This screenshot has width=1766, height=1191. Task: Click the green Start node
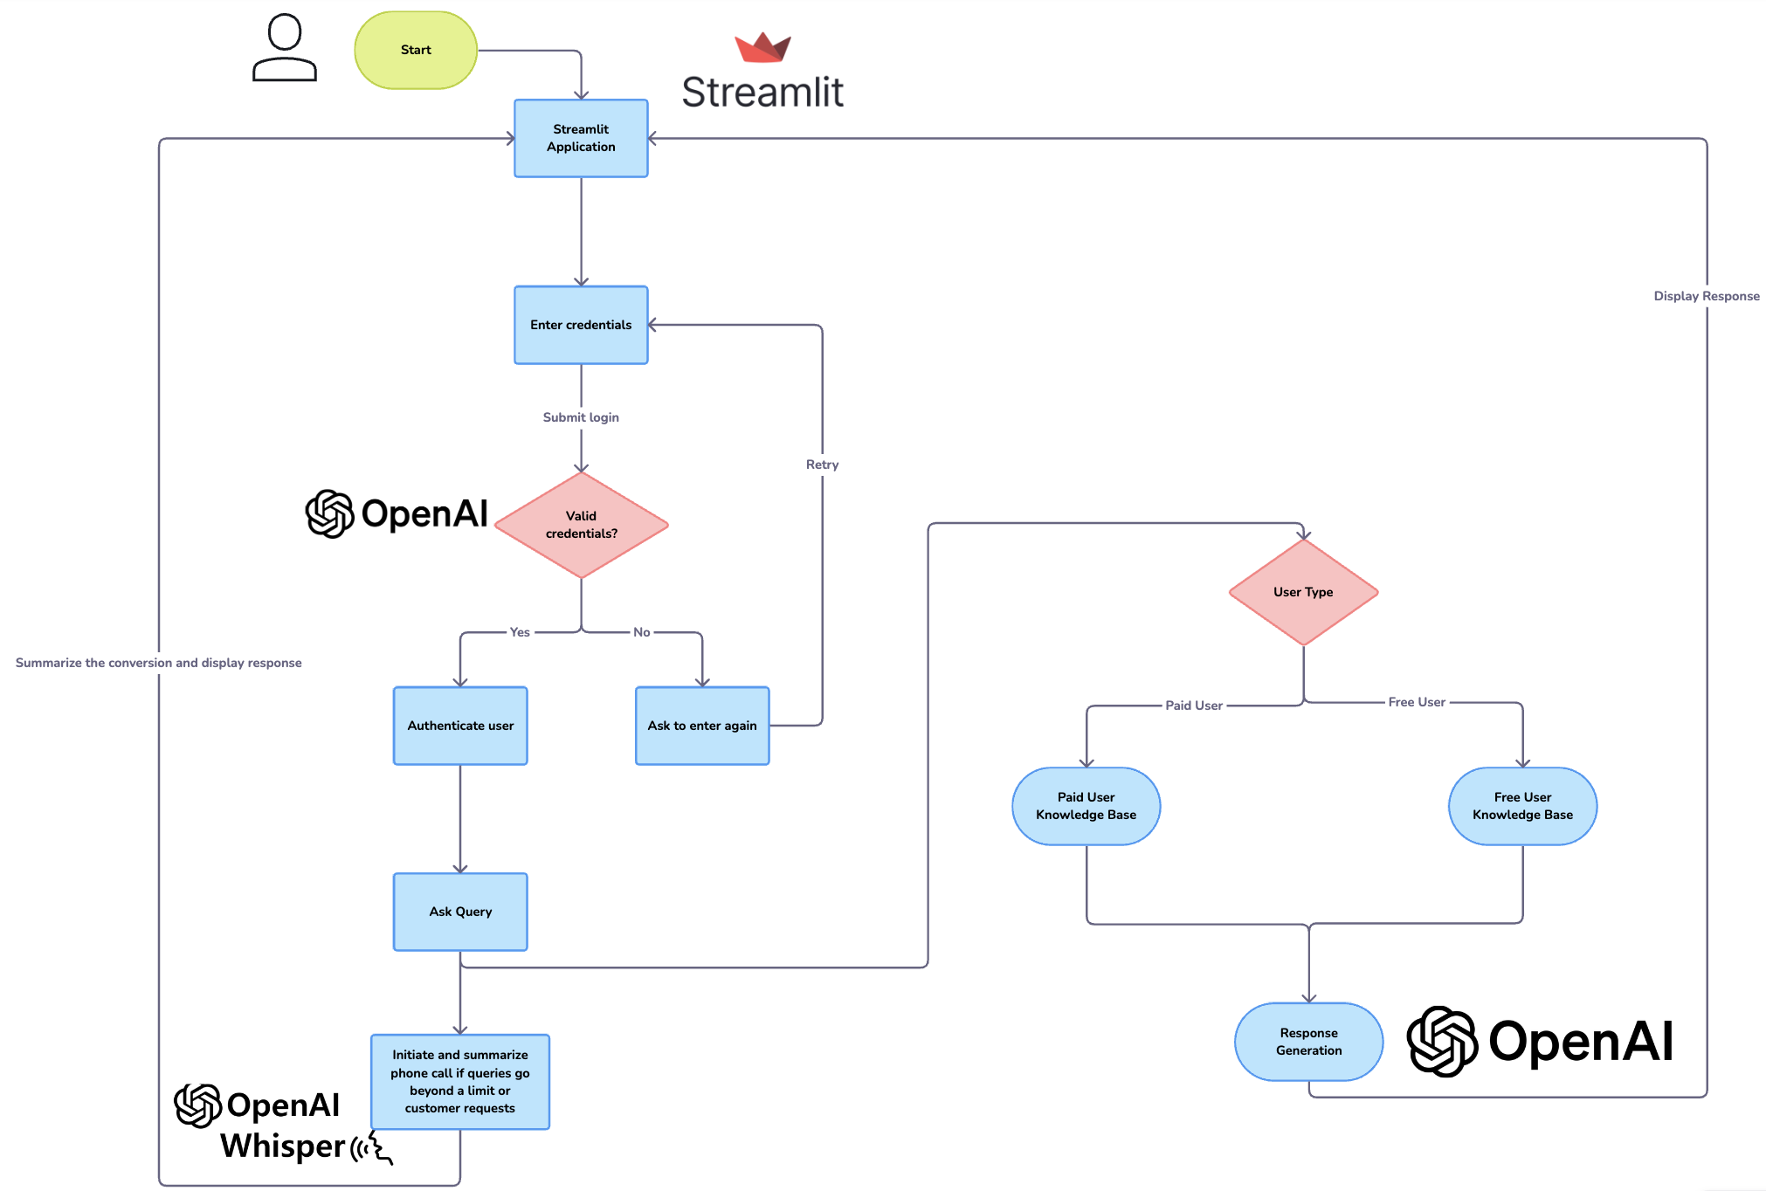[416, 51]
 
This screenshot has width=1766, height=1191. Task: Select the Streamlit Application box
[581, 138]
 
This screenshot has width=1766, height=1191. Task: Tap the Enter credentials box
[581, 325]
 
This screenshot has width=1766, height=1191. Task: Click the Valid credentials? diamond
[582, 525]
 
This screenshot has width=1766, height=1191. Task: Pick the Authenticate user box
[460, 726]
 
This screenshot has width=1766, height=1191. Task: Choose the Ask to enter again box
[702, 726]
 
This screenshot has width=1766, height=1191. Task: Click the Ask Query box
[460, 912]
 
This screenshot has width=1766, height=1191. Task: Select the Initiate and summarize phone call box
[460, 1082]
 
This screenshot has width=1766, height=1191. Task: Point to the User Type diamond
[1303, 592]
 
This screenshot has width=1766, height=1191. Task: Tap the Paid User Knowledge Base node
[1087, 806]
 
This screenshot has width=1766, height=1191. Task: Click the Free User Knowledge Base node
[1522, 806]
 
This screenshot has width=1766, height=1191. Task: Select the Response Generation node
[1308, 1042]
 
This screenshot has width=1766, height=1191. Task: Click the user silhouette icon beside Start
[285, 48]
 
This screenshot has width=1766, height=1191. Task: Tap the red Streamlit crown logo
[762, 48]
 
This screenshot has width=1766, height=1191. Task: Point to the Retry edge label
[822, 465]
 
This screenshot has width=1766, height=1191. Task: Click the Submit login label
[581, 417]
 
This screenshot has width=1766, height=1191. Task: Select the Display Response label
[1707, 296]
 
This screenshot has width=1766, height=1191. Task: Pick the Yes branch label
[520, 632]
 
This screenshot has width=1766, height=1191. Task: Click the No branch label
[642, 632]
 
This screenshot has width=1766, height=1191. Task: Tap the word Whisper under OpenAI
[283, 1146]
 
